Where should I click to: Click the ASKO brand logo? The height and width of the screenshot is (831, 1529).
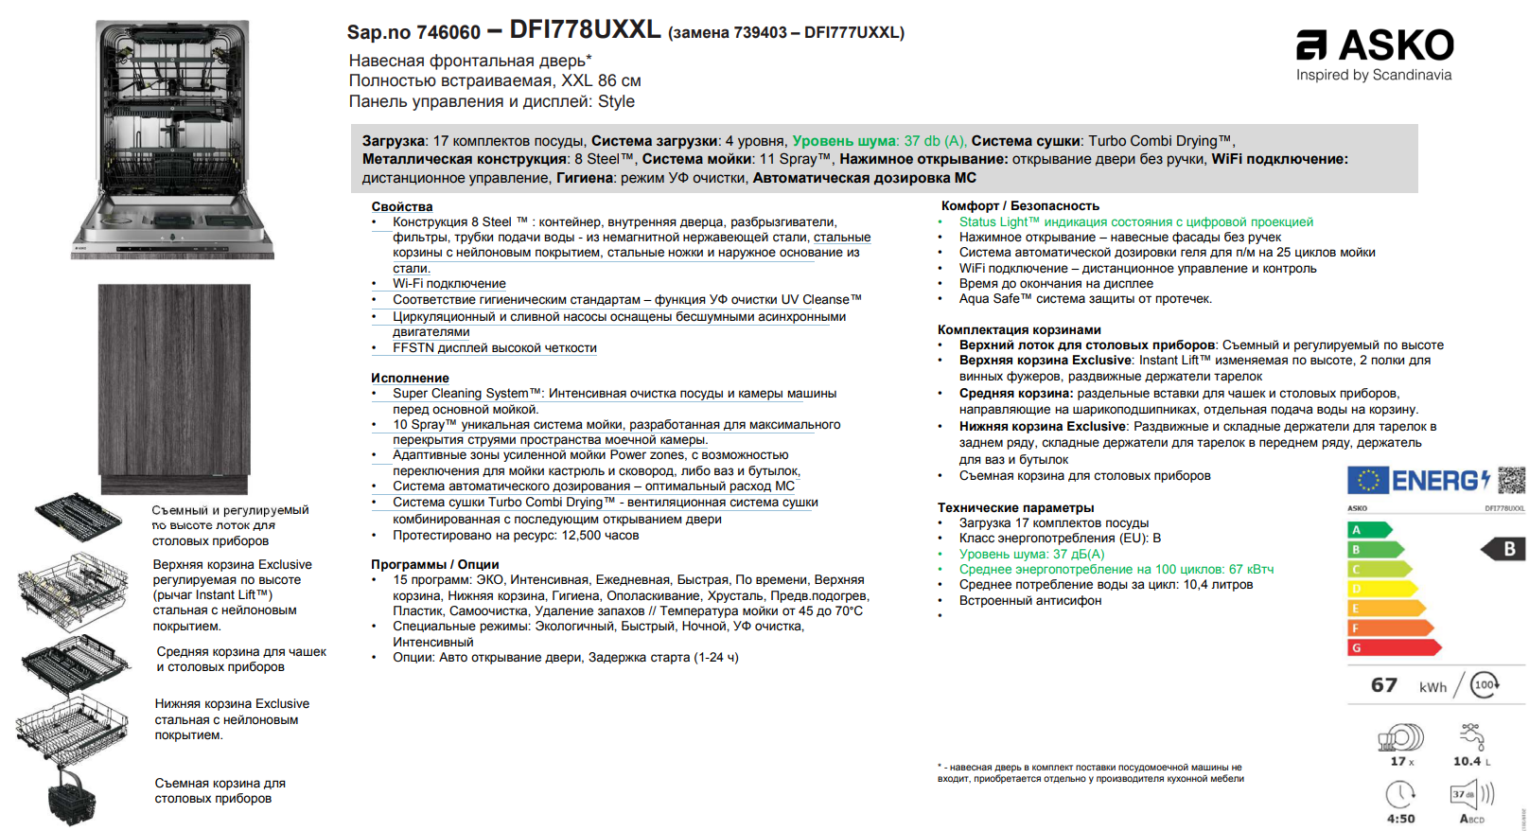tap(1374, 45)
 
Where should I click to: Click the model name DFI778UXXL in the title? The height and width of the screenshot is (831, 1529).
tap(585, 29)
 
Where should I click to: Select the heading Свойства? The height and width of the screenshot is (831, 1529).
tap(402, 206)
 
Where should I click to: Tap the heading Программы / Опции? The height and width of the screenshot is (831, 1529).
tap(434, 564)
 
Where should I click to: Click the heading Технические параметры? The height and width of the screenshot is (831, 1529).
tap(1015, 507)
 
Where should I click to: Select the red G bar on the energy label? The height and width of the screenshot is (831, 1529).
tap(1392, 647)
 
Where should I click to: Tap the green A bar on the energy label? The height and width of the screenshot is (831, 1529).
tap(1368, 530)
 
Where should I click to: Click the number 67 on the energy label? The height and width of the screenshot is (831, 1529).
tap(1383, 684)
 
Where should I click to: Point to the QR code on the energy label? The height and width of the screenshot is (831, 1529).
tap(1511, 480)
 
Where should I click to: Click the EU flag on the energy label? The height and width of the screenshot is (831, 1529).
tap(1368, 480)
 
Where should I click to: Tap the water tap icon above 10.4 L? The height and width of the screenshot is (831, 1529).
tap(1472, 736)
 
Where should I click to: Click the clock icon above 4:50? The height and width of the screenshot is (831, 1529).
tap(1400, 794)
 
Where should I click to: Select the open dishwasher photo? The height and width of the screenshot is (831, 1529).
tap(174, 138)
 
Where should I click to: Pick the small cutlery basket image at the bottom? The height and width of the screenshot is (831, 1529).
tap(72, 796)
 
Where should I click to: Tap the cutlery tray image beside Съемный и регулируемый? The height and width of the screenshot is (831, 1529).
tap(78, 517)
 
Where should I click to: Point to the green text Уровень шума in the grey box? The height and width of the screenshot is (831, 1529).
tap(844, 141)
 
